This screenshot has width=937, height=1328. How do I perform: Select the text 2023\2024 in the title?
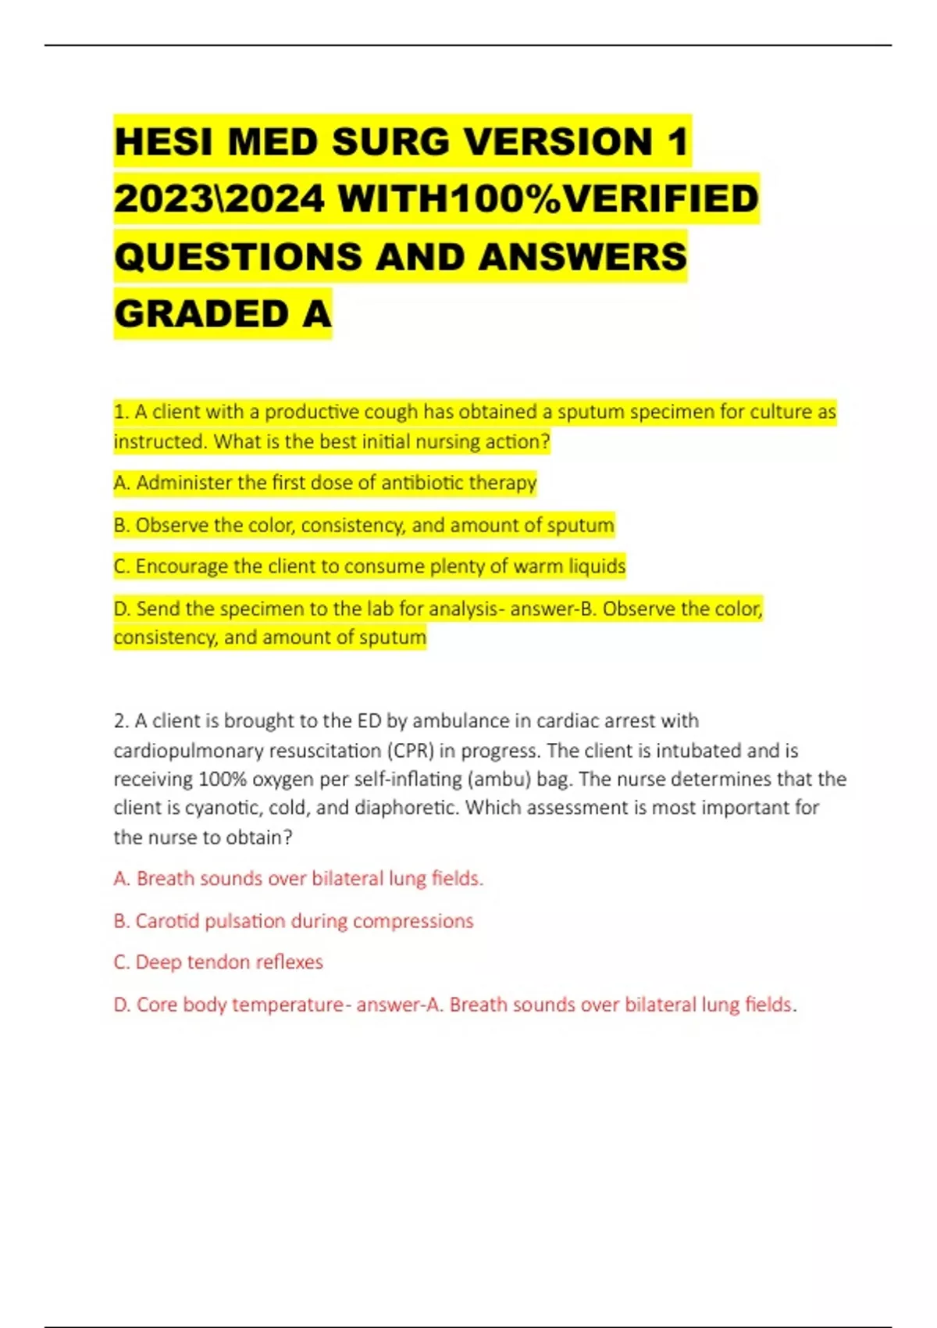(219, 198)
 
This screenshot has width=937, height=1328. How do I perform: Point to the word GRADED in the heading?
(202, 314)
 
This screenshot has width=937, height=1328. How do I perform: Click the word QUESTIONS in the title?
(238, 257)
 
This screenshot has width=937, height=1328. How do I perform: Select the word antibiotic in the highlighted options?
(422, 483)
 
